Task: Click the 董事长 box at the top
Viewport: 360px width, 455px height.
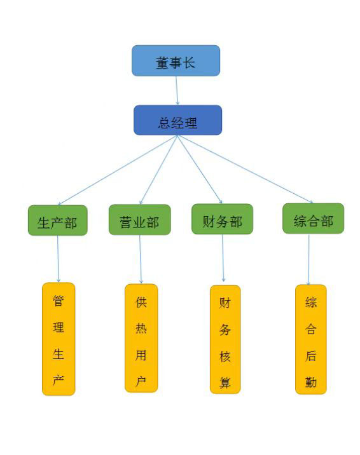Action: [176, 60]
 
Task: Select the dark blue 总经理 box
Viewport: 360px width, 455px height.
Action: [177, 120]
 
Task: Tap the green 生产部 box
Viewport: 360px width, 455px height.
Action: [57, 221]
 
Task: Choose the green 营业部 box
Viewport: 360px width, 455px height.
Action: [140, 220]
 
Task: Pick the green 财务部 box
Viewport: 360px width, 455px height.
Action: [222, 219]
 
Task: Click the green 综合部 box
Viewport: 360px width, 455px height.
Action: [314, 219]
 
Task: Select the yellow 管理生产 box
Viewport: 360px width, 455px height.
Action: [59, 339]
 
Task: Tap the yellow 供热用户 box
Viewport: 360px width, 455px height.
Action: [141, 338]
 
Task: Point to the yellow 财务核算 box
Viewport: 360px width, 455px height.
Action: [225, 339]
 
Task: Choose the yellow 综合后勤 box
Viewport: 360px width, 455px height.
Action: [311, 339]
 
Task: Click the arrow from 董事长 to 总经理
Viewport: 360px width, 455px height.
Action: [177, 90]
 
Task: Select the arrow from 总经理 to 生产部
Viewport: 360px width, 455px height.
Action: [117, 170]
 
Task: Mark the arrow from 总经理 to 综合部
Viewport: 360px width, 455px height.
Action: [246, 169]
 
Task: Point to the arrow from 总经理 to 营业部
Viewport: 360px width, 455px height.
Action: [158, 170]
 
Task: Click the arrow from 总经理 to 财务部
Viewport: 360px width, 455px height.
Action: [200, 170]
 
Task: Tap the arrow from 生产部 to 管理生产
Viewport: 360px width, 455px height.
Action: [58, 259]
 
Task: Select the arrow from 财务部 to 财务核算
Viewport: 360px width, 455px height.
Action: [223, 258]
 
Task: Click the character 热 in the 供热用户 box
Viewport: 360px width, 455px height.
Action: [141, 329]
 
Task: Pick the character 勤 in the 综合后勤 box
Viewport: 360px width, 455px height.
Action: [310, 382]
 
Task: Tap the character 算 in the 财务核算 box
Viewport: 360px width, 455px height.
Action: [225, 383]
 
